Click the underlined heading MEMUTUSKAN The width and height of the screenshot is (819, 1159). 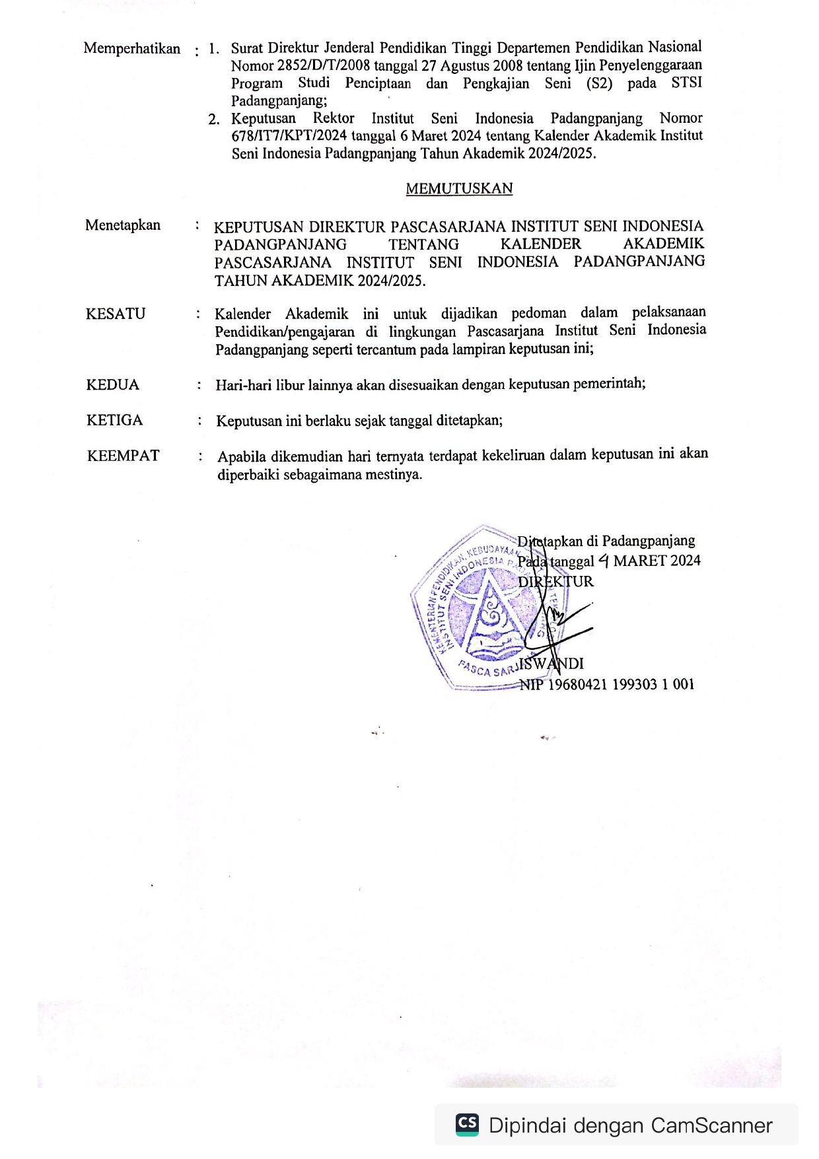coord(459,189)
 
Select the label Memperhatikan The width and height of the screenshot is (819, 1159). coord(132,49)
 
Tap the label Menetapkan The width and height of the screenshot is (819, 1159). coord(123,225)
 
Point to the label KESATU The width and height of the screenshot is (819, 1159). coord(116,314)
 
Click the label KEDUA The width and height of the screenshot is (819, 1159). coord(113,385)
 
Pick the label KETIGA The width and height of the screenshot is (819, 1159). coord(114,420)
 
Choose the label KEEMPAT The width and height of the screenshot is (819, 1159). coord(123,456)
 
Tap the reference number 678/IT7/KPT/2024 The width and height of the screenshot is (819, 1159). coord(289,136)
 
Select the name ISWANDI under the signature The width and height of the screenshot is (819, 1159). coord(552,664)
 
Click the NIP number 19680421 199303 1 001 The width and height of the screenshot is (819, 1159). coord(621,684)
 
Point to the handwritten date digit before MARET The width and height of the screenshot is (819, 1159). coord(603,561)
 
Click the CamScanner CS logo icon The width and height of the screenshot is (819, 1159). coord(468,1125)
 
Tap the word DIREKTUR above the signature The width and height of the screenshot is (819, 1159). coord(555,582)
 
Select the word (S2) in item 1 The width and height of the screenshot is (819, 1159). coord(599,83)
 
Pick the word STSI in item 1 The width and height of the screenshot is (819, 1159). coord(686,83)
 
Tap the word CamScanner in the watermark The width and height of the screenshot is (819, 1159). coord(711,1125)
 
